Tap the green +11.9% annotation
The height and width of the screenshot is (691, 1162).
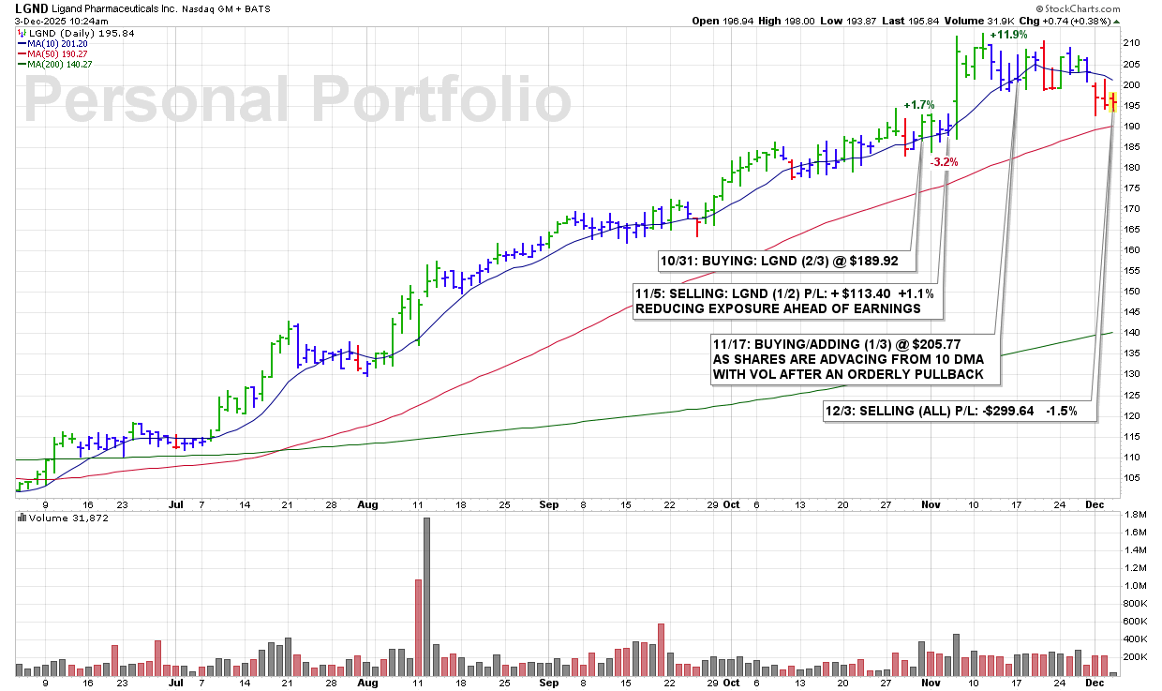point(1008,35)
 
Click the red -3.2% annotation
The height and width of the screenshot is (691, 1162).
point(944,162)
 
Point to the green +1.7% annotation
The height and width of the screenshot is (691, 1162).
point(918,105)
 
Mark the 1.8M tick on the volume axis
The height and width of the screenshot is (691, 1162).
point(1133,515)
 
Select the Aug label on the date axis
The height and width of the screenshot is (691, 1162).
point(367,503)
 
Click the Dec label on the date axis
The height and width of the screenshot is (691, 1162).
point(1095,503)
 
